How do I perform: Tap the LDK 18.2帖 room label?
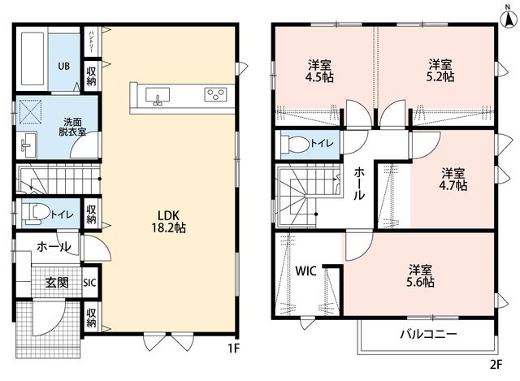(168, 222)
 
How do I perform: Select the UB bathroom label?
(64, 66)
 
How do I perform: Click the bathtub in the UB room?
(32, 58)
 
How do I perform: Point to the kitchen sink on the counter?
(158, 96)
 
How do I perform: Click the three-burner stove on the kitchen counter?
(215, 94)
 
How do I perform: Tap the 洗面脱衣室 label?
(72, 127)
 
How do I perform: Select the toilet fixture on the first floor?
(36, 213)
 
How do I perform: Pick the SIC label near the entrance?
(89, 283)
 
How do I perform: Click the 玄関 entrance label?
(57, 283)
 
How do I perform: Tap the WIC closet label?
(305, 271)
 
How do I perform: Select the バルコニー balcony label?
(428, 334)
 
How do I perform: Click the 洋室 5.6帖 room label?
(420, 275)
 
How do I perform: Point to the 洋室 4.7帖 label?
(453, 180)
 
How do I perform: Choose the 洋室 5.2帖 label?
(440, 71)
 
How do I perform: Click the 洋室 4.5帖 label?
(319, 71)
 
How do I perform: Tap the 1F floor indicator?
(233, 349)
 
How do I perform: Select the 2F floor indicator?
(496, 365)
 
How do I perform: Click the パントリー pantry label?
(91, 41)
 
